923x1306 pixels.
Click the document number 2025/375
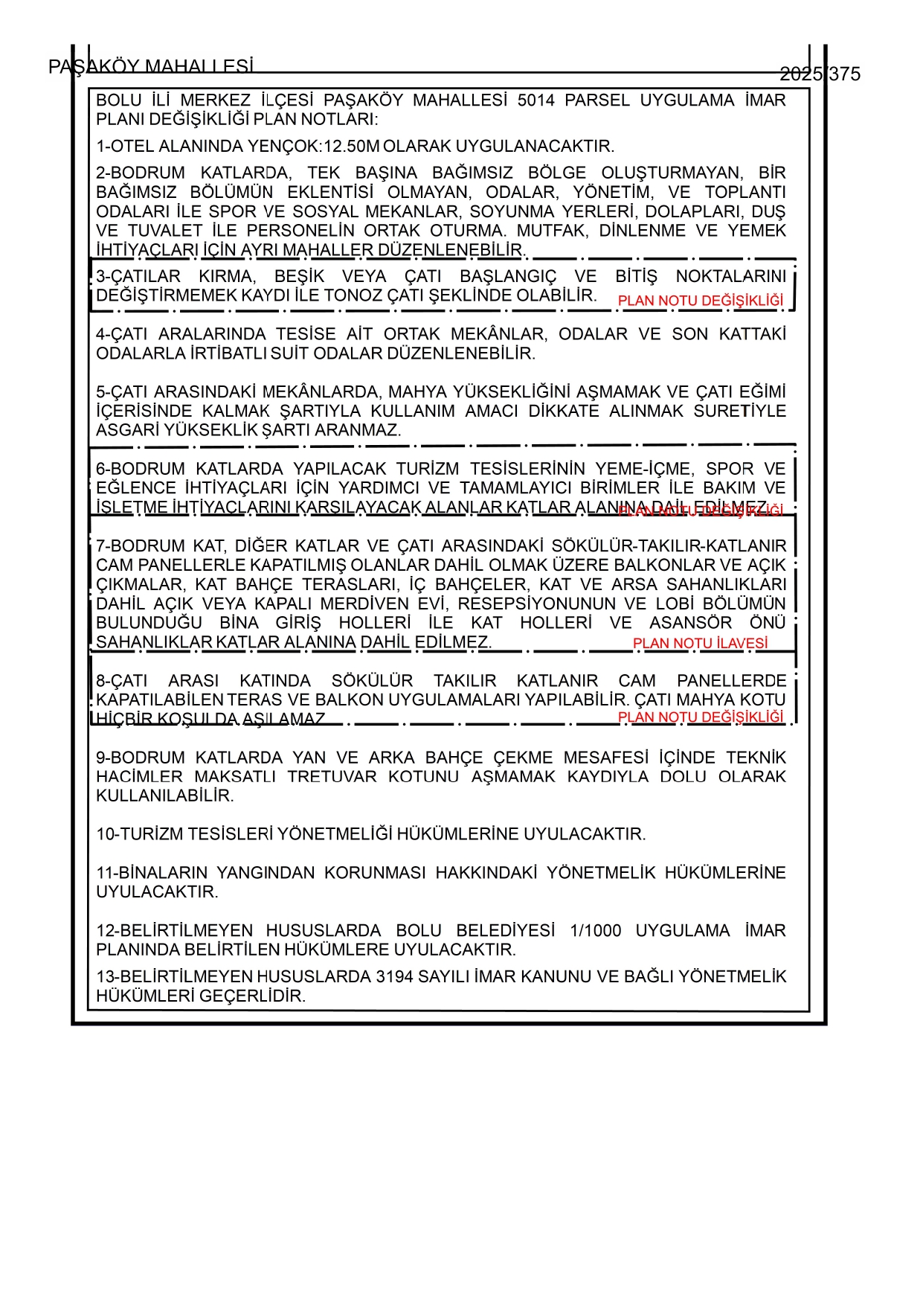820,74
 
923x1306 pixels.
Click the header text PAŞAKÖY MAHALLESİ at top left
150,67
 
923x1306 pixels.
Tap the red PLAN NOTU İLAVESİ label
700,643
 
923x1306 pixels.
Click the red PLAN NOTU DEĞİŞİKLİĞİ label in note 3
701,301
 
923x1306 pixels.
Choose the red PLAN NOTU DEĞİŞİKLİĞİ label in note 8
701,717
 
